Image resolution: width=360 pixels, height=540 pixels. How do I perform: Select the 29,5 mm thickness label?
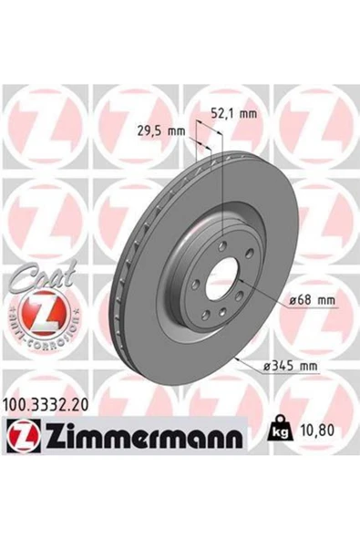coord(165,131)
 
